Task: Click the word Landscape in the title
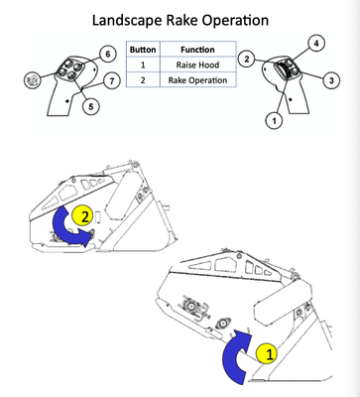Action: pyautogui.click(x=127, y=21)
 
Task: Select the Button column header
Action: pyautogui.click(x=143, y=50)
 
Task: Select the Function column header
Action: pyautogui.click(x=197, y=50)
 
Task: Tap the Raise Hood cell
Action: pyautogui.click(x=197, y=65)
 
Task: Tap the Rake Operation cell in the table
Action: pyautogui.click(x=197, y=80)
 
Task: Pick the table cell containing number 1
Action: pyautogui.click(x=143, y=65)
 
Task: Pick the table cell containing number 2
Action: pyautogui.click(x=143, y=80)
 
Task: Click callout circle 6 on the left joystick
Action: pyautogui.click(x=108, y=54)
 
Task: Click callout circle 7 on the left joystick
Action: pyautogui.click(x=111, y=80)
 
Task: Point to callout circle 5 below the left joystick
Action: pyautogui.click(x=91, y=106)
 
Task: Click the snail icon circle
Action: pyautogui.click(x=33, y=79)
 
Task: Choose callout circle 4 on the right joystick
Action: pyautogui.click(x=316, y=44)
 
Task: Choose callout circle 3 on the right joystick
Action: pyautogui.click(x=331, y=80)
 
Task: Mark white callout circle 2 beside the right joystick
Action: pyautogui.click(x=246, y=60)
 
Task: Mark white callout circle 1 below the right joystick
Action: pyautogui.click(x=274, y=121)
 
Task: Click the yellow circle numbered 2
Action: pyautogui.click(x=82, y=216)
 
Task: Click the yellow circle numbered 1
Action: pyautogui.click(x=268, y=353)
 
